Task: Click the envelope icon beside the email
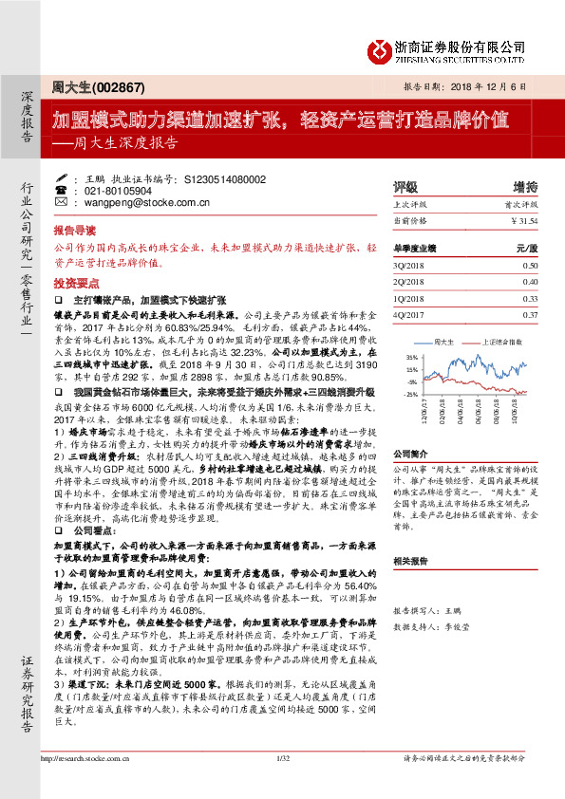click(x=61, y=202)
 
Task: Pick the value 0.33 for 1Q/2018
click(x=529, y=298)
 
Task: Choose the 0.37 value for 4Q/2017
click(x=529, y=314)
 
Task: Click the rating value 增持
click(x=525, y=187)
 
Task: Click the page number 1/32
click(x=281, y=783)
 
